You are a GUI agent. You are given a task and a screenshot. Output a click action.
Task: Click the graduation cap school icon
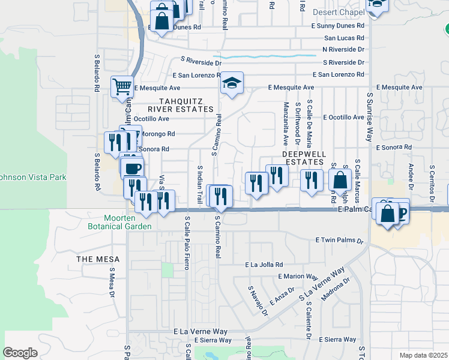[231, 84]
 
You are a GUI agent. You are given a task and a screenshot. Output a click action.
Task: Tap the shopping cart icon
[122, 87]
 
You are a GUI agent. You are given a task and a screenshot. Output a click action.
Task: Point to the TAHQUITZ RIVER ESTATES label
[185, 105]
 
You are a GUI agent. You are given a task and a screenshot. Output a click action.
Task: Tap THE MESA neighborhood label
[98, 259]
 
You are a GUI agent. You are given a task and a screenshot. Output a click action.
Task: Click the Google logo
[20, 352]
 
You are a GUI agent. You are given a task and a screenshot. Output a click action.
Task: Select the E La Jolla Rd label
[264, 264]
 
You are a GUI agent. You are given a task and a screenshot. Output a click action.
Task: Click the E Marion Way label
[298, 277]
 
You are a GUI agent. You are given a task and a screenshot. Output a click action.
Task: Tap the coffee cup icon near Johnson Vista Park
[133, 168]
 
